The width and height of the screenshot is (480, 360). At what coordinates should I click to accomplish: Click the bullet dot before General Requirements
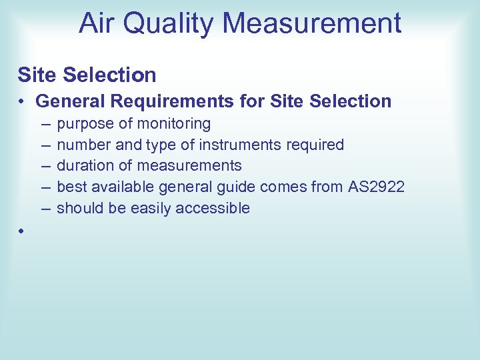[x=22, y=102]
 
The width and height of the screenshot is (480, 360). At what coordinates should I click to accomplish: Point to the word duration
[x=83, y=165]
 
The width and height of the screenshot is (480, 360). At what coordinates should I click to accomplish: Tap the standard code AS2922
[x=376, y=186]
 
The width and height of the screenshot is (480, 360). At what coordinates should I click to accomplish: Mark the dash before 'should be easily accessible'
[x=45, y=208]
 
